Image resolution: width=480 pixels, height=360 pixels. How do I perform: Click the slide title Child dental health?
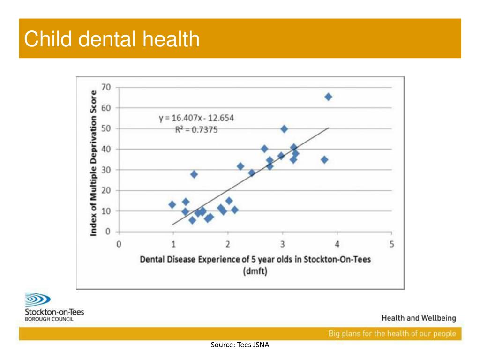tap(112, 39)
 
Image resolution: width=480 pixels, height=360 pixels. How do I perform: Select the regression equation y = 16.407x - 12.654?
tap(196, 118)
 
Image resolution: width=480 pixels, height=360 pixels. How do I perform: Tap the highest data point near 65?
tap(328, 97)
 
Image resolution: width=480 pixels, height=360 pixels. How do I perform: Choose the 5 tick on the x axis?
tap(392, 244)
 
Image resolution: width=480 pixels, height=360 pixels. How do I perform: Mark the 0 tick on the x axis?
tap(119, 244)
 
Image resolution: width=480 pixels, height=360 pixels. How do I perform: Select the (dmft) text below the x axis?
tap(255, 271)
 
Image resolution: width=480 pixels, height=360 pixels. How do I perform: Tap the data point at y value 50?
tap(284, 129)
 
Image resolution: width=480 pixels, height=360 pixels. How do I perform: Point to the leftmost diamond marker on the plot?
tap(172, 204)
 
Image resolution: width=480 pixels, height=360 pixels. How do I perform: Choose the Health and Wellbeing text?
tap(419, 318)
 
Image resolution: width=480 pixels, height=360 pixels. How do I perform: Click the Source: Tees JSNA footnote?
tap(240, 345)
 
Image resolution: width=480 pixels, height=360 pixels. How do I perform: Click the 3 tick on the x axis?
tap(283, 244)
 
